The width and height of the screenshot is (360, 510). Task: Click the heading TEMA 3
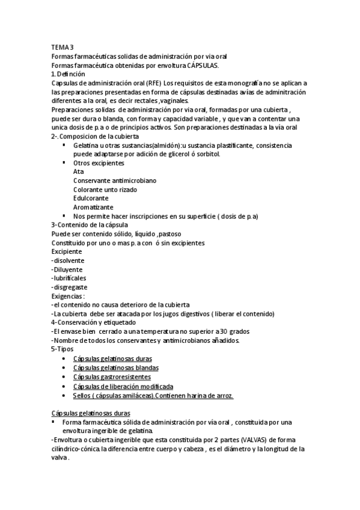(63, 47)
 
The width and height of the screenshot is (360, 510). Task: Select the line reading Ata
(78, 171)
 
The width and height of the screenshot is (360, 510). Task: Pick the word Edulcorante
(91, 198)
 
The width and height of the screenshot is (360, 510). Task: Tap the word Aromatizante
(93, 207)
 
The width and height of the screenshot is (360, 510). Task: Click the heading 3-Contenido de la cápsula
(89, 225)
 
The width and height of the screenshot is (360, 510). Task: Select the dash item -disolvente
(68, 260)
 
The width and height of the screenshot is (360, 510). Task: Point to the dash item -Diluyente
(67, 269)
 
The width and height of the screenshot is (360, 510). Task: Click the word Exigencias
(67, 296)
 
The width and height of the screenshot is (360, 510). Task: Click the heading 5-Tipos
(63, 349)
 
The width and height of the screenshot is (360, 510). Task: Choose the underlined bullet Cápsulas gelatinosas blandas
(116, 367)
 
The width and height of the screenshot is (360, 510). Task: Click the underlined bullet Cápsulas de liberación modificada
(123, 386)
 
